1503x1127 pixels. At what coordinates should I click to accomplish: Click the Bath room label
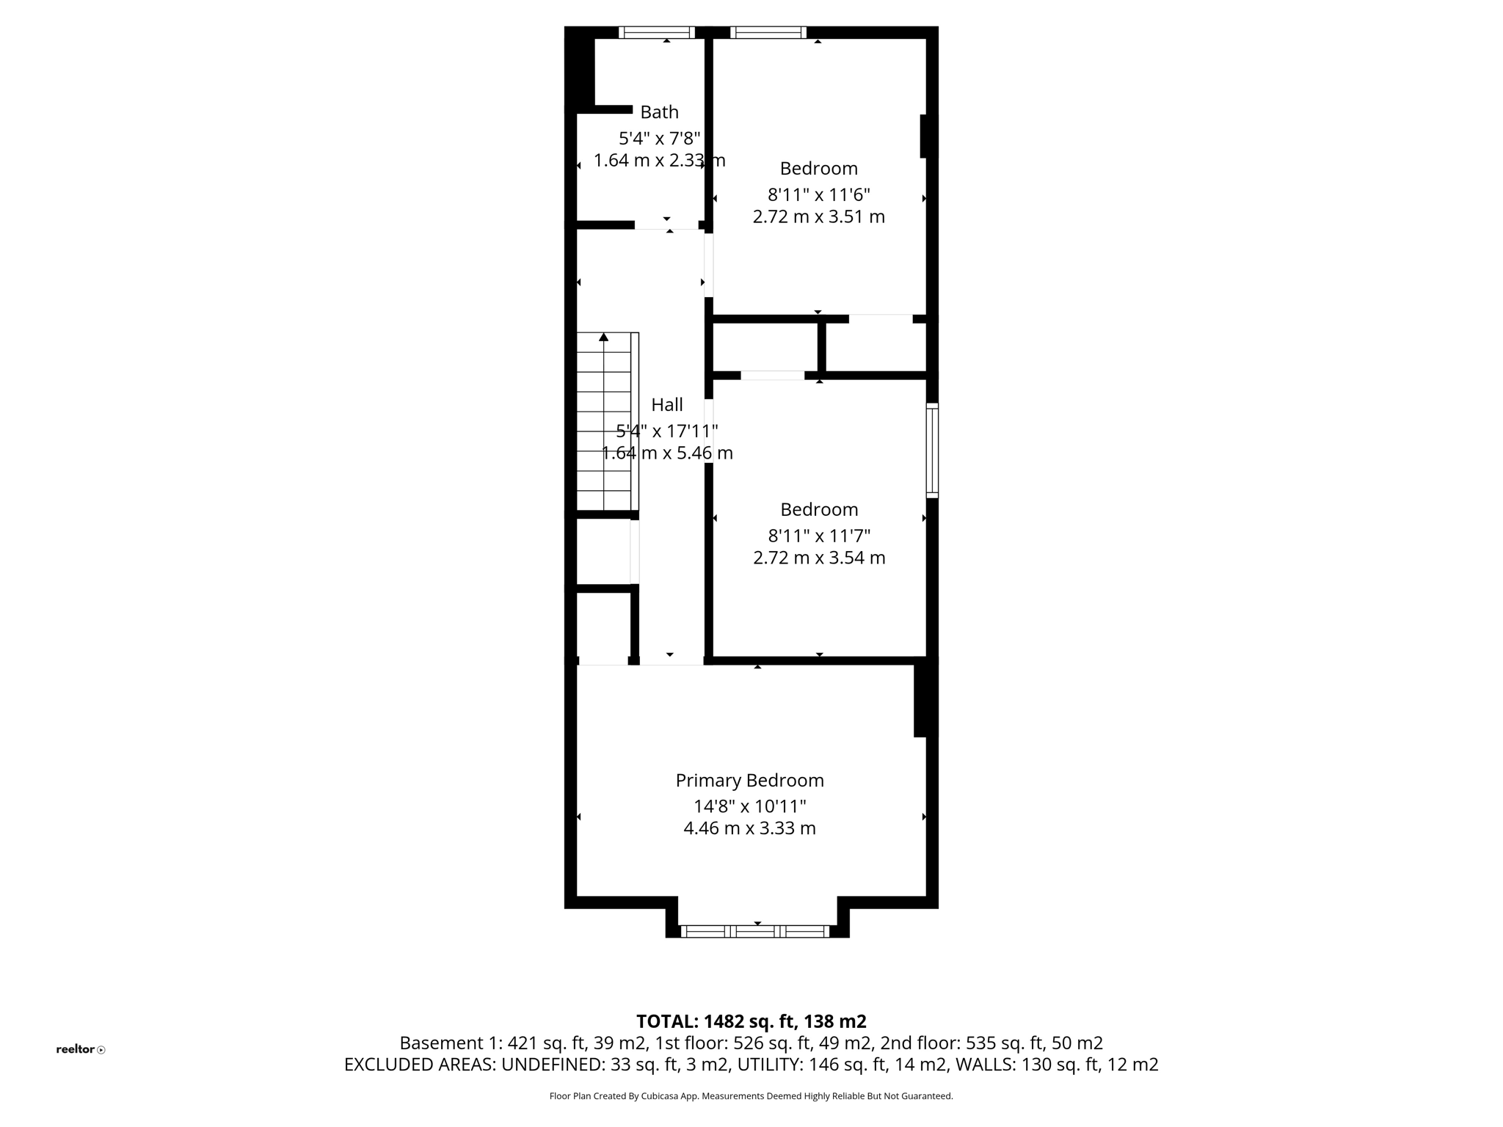click(659, 112)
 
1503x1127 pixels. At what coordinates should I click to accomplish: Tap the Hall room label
click(667, 405)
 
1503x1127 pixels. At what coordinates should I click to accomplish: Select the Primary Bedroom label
click(749, 781)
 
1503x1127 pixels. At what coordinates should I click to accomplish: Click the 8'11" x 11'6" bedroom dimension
click(818, 195)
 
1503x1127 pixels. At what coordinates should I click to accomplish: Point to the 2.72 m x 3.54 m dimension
click(819, 558)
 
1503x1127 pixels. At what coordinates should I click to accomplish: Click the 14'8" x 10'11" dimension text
click(749, 807)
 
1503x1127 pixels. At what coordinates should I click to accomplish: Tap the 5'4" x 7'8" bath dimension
click(659, 139)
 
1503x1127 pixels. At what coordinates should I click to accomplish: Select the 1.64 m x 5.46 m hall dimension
click(667, 453)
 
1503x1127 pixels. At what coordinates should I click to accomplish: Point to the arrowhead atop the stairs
click(604, 338)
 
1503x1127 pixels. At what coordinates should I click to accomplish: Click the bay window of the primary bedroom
click(756, 931)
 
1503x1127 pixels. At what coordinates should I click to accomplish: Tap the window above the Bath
click(657, 32)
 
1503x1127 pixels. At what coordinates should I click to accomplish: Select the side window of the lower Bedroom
click(932, 451)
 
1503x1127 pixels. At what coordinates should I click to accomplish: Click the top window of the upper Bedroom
click(768, 32)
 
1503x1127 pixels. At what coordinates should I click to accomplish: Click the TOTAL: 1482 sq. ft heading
click(751, 1021)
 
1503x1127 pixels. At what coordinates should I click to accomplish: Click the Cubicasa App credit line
click(751, 1096)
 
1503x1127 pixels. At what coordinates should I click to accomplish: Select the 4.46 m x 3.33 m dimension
click(749, 829)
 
